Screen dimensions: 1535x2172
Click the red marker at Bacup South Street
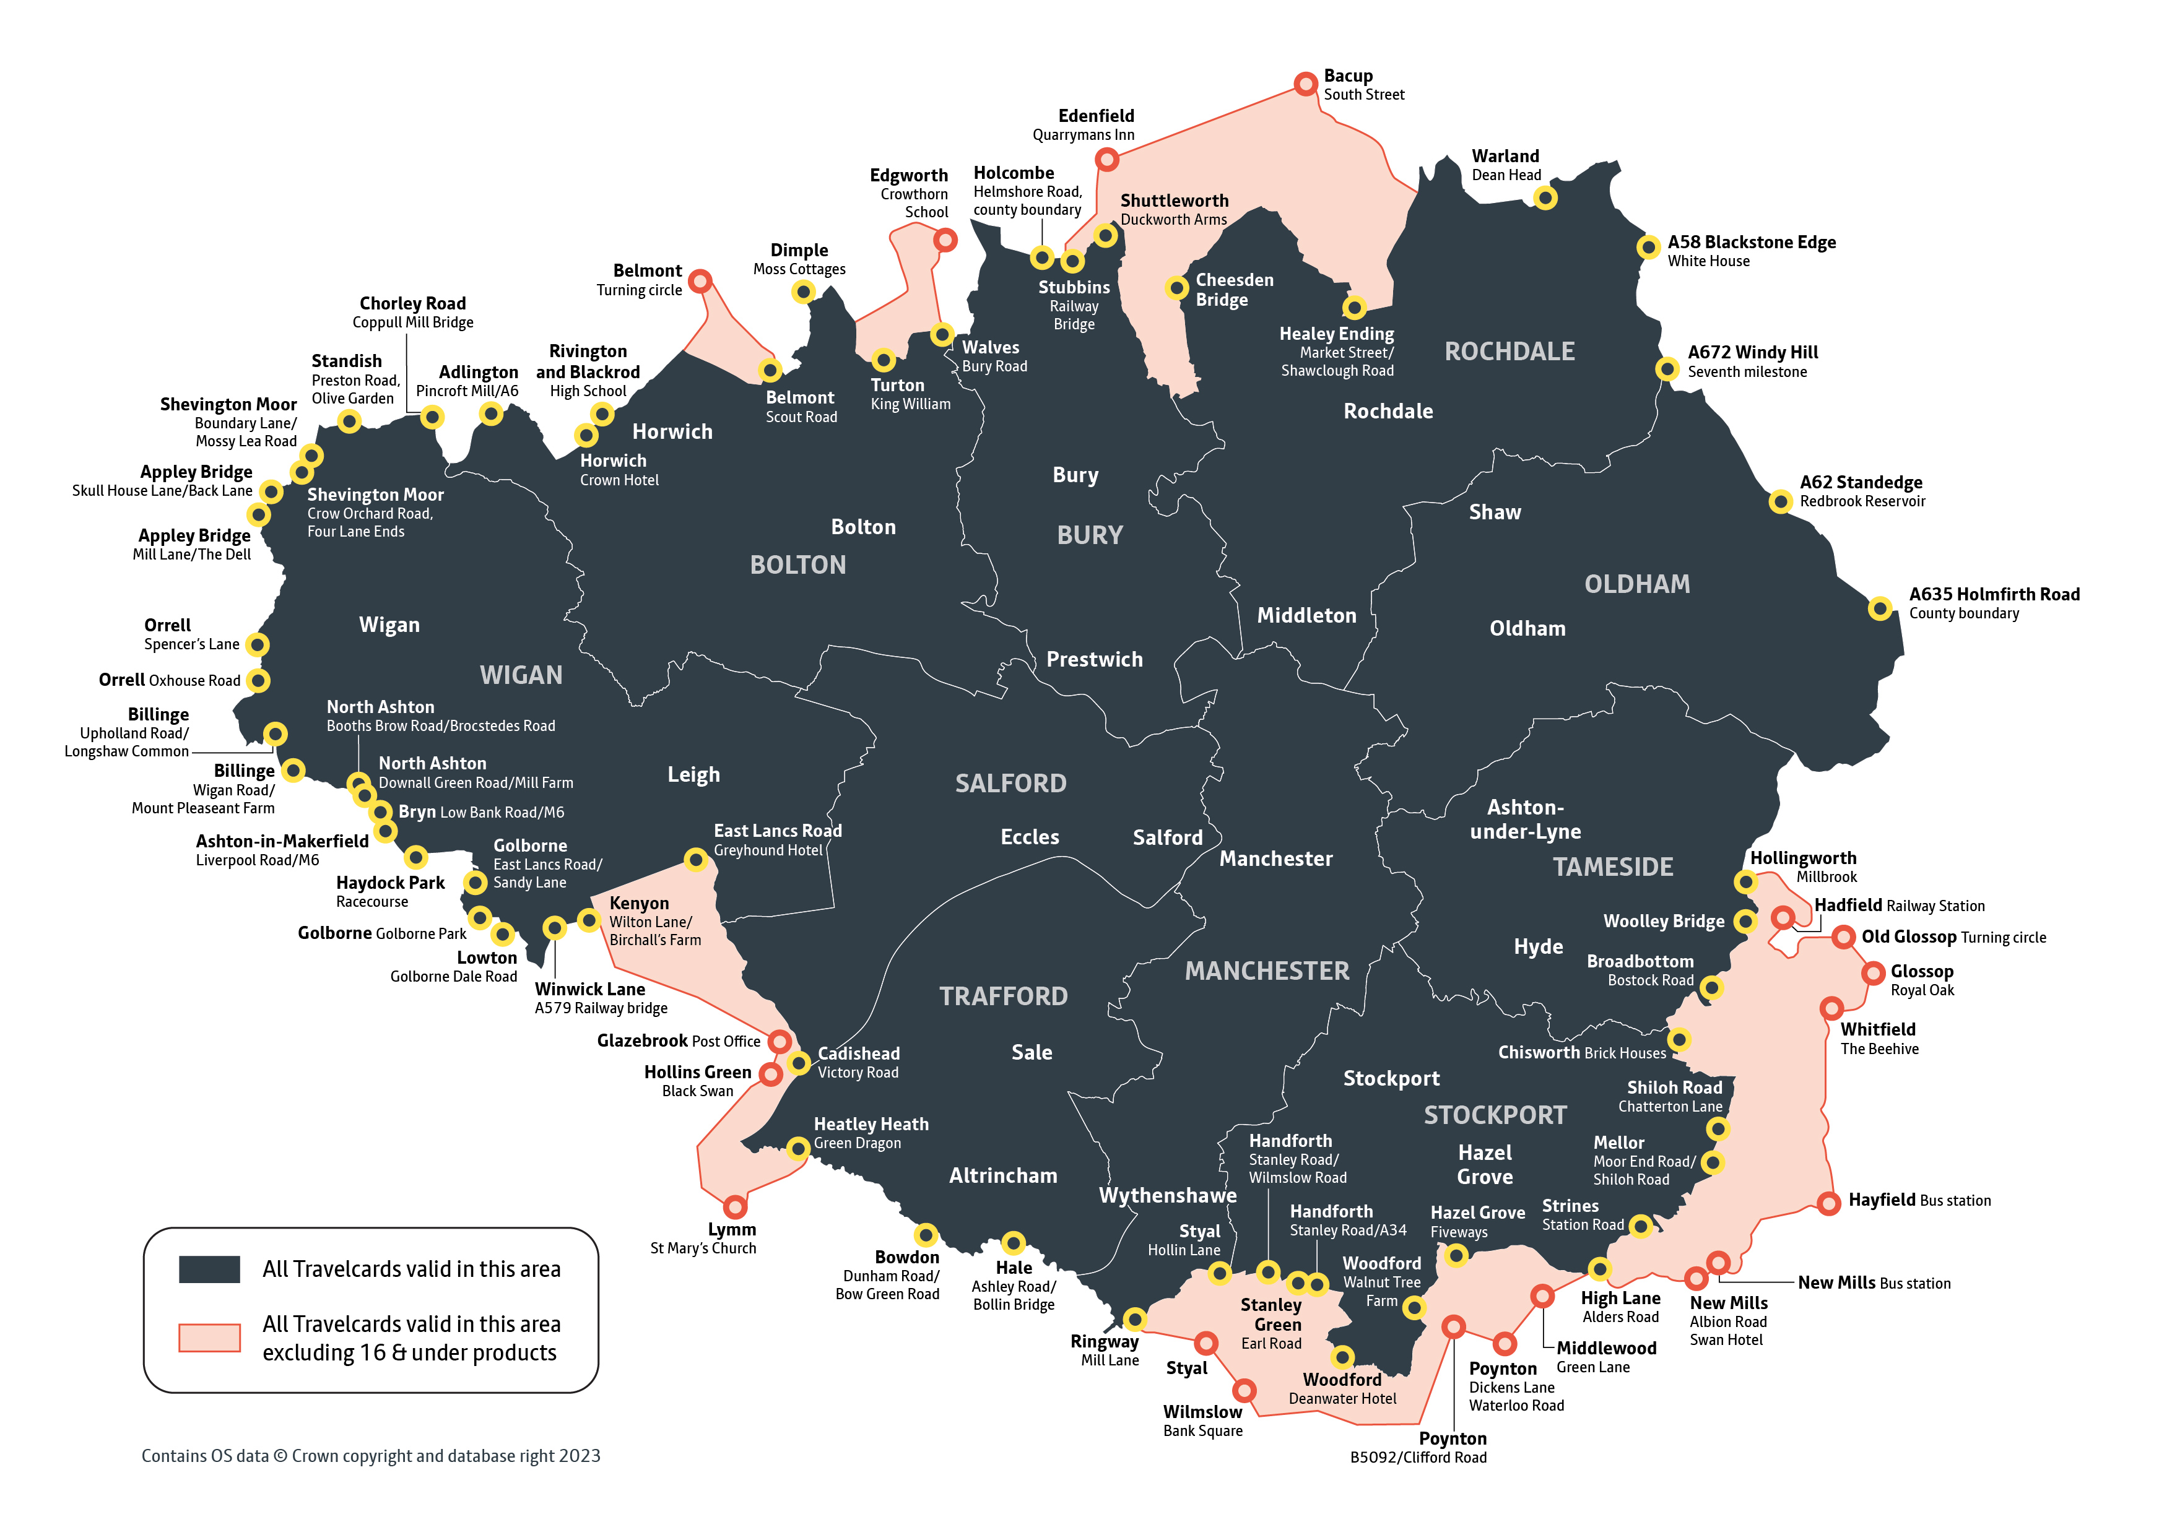point(1305,84)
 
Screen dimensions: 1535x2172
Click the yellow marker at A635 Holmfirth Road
point(1880,608)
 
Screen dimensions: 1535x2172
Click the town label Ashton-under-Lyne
point(1525,819)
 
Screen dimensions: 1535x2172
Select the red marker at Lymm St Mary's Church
point(735,1207)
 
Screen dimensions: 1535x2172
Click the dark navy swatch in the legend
point(209,1269)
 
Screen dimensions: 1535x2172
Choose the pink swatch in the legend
point(209,1338)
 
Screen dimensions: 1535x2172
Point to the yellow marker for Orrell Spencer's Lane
point(258,645)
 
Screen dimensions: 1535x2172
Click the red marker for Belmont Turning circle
point(700,281)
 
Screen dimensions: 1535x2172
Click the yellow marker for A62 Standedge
point(1780,501)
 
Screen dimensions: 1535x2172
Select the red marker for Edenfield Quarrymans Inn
point(1107,160)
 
